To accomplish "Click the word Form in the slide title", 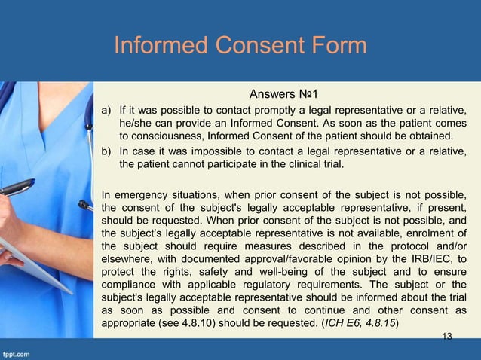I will coord(334,46).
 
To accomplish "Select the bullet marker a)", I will coord(107,111).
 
